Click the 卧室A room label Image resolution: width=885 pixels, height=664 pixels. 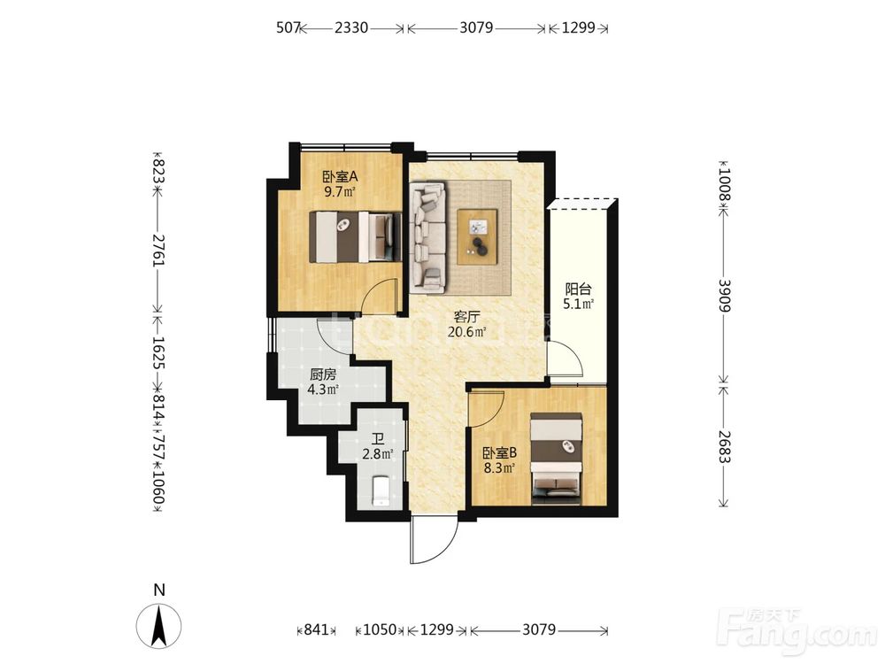(x=340, y=176)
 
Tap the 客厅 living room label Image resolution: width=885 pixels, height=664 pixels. (x=466, y=317)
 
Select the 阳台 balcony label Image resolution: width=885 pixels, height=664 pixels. (x=579, y=290)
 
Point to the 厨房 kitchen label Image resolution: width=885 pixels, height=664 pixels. (x=323, y=374)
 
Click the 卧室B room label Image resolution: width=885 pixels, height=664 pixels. (x=499, y=452)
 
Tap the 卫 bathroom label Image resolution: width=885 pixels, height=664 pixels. (x=378, y=439)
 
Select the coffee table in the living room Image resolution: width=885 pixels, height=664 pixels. (x=478, y=236)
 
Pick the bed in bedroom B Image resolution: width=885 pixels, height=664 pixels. (x=557, y=458)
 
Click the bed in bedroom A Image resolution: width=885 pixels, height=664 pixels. (x=356, y=237)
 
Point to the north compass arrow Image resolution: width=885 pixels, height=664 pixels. (x=159, y=626)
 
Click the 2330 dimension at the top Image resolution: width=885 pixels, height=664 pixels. (x=351, y=27)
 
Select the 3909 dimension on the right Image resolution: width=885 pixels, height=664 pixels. (x=725, y=296)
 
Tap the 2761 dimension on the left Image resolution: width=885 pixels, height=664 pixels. (x=158, y=251)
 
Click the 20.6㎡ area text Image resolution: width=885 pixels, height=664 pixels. (x=466, y=331)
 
